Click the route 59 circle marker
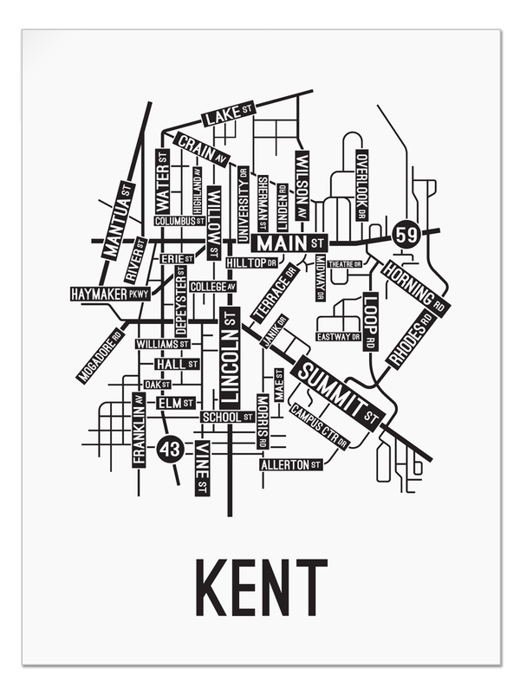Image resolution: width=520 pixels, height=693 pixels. tap(406, 233)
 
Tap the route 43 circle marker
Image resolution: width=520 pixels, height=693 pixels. tap(171, 450)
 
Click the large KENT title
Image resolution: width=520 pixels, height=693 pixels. tap(260, 587)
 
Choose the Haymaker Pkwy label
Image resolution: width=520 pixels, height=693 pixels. tap(110, 294)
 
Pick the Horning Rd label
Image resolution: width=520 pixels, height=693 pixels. tap(415, 287)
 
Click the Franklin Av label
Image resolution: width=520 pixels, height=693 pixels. tap(138, 430)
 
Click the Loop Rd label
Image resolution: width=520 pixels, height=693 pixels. tap(370, 321)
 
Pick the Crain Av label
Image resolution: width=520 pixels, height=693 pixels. tap(202, 149)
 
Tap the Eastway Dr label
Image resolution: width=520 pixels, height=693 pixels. tap(338, 336)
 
